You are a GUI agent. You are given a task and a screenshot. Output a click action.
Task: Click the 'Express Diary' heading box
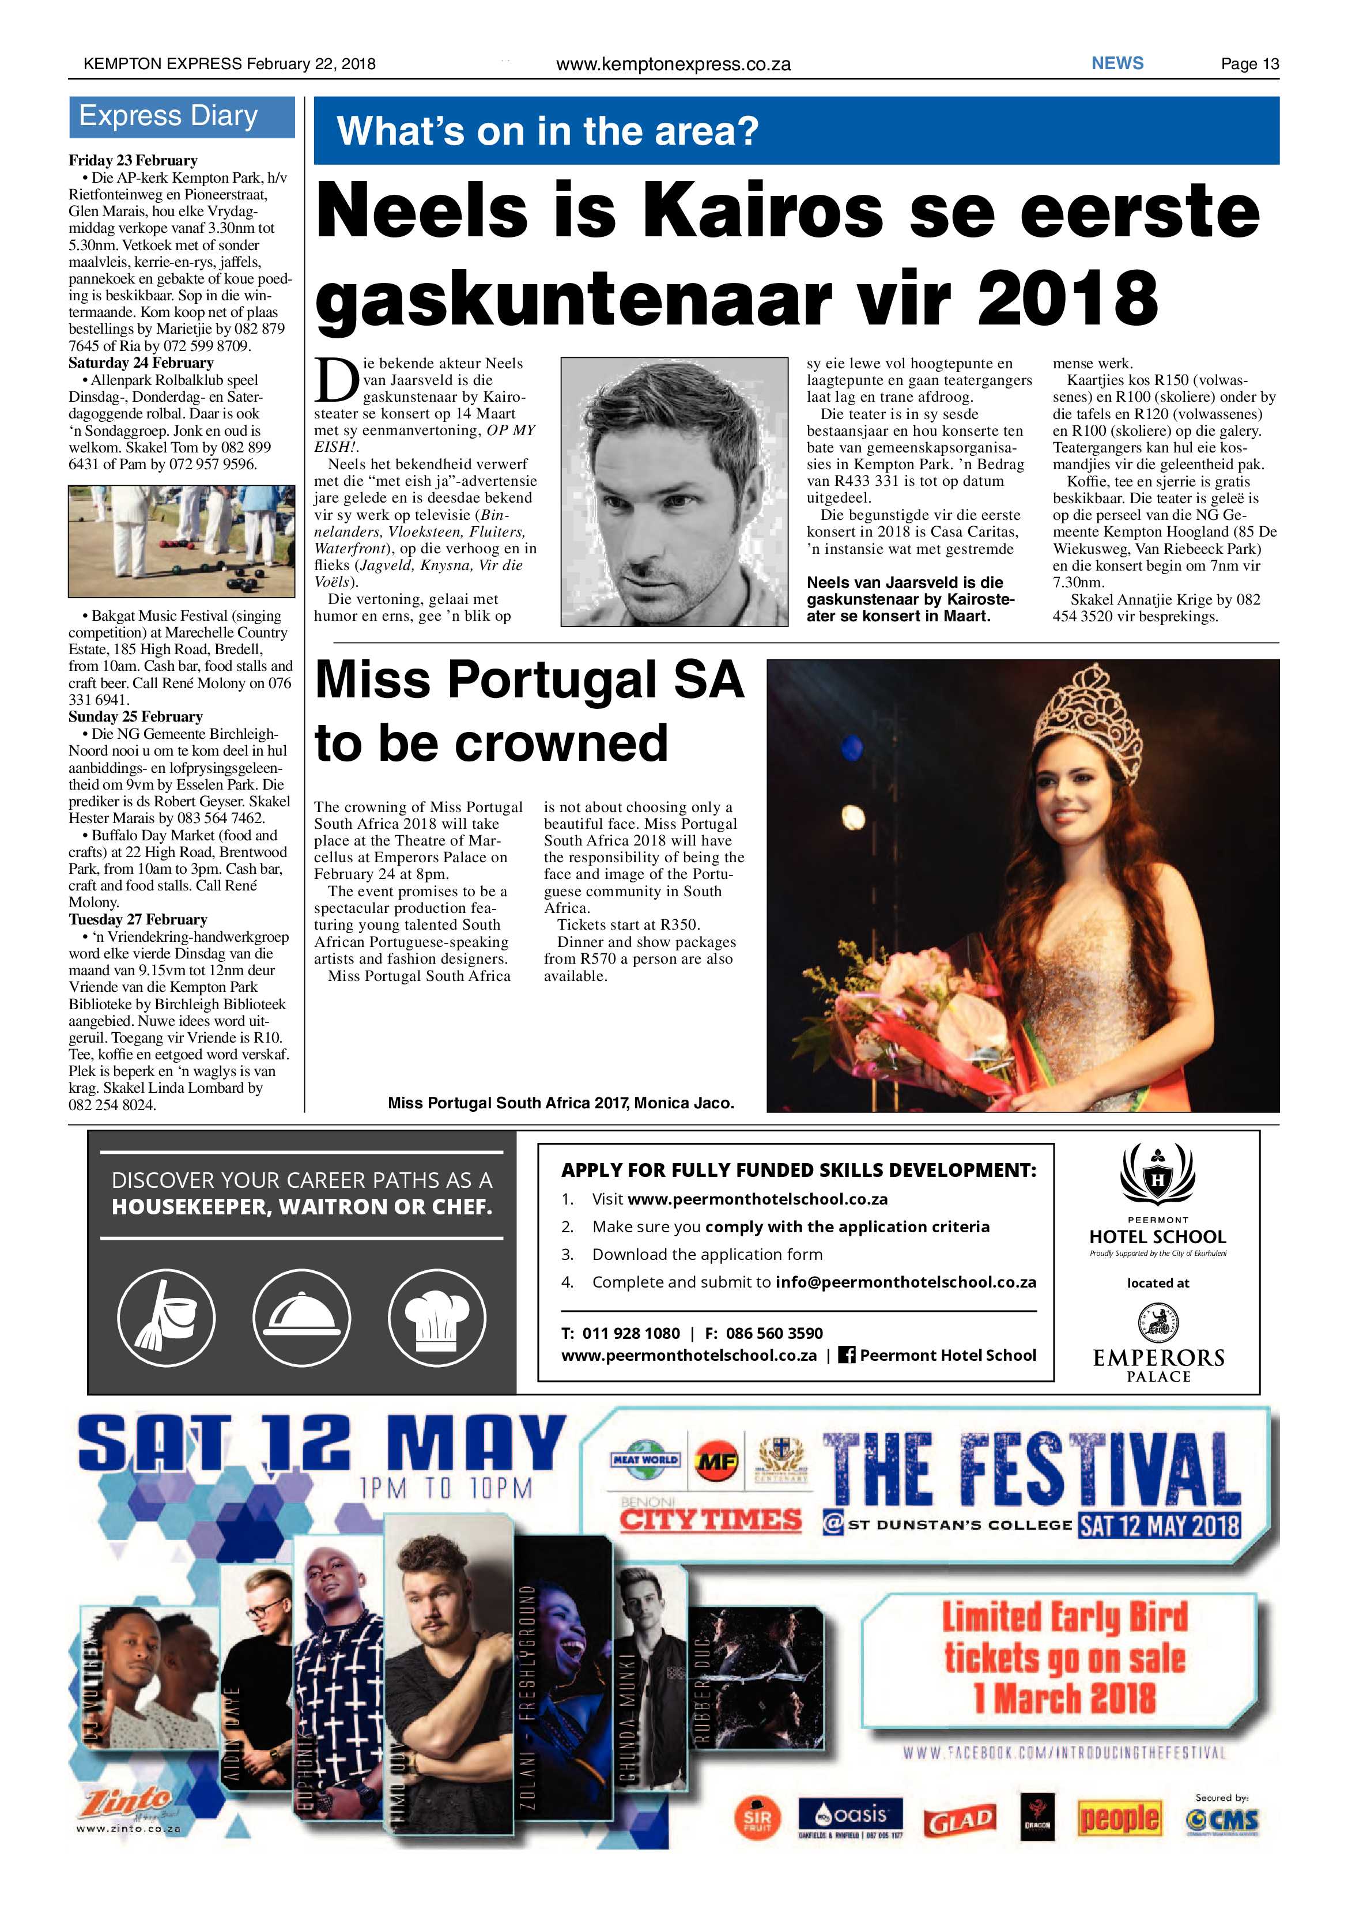181,117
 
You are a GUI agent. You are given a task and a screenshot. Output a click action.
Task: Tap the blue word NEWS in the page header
1117,63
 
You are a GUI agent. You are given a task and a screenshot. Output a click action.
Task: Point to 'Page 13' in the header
1249,64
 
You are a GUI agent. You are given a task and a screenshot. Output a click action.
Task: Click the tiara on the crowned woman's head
1082,720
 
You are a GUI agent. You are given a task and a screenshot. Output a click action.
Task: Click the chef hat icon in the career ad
437,1318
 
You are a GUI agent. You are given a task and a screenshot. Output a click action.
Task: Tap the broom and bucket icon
166,1318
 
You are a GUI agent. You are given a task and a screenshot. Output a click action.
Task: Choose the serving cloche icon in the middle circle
301,1318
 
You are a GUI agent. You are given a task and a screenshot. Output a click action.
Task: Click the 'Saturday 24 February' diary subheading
141,363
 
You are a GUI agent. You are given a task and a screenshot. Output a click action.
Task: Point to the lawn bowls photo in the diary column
181,541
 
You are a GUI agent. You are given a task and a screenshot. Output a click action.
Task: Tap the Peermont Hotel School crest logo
1157,1176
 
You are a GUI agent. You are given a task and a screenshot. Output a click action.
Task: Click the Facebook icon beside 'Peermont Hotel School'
847,1355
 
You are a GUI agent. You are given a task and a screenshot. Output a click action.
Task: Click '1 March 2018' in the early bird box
1065,1697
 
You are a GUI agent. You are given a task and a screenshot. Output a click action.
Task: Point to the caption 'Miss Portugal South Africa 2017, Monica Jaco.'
560,1103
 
